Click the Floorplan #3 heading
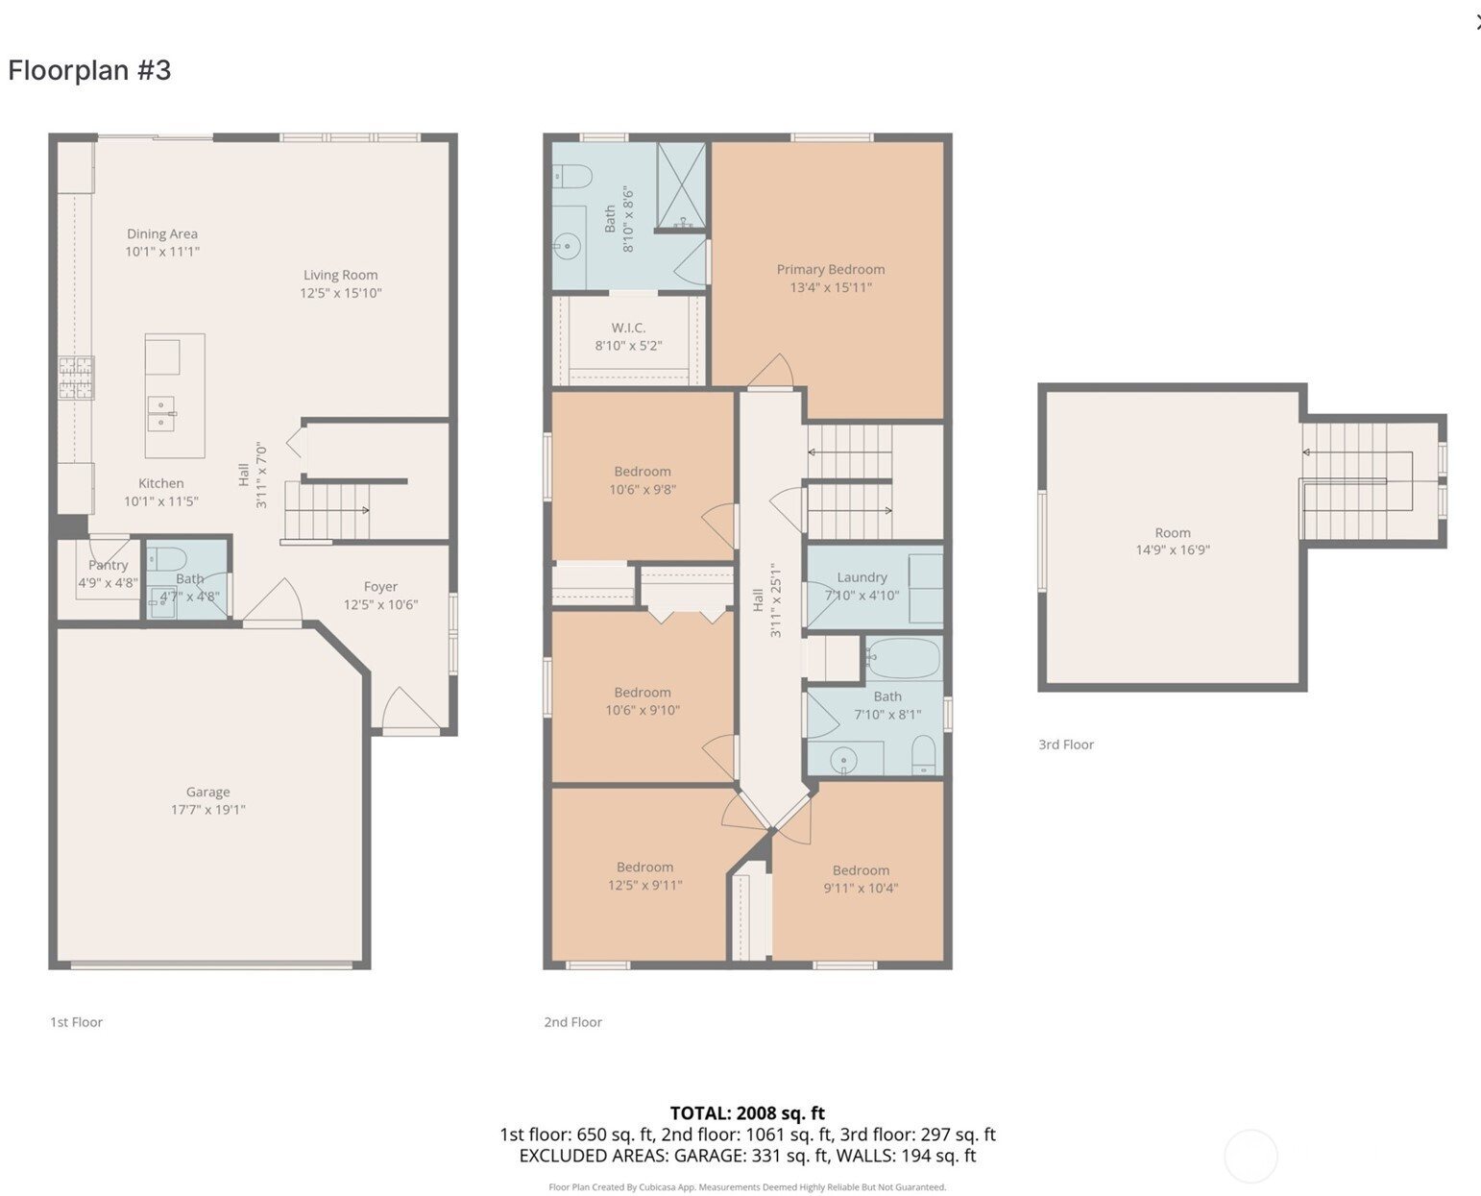(x=89, y=70)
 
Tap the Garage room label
(x=207, y=792)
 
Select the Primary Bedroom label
(x=831, y=270)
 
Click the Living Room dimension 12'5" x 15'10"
(x=341, y=293)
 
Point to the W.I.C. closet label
(x=628, y=328)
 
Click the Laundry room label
(x=862, y=577)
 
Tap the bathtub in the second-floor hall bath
(x=903, y=658)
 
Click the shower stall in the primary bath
(x=681, y=185)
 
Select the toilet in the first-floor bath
(x=167, y=558)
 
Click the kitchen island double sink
(x=161, y=414)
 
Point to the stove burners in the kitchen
(x=77, y=378)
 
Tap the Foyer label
(x=380, y=587)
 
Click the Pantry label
(x=108, y=565)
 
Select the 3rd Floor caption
(x=1066, y=744)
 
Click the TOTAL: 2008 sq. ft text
(x=747, y=1113)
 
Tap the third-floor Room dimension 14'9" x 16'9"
(x=1173, y=550)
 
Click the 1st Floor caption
(x=77, y=1022)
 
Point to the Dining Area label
(x=162, y=233)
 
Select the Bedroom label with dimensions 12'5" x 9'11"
(x=644, y=867)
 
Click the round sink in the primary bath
(x=569, y=246)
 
